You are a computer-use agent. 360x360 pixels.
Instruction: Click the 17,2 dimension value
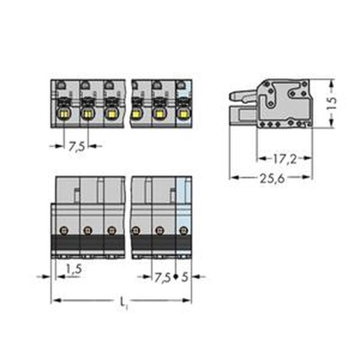tap(285, 159)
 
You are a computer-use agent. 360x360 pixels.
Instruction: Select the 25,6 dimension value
tap(272, 178)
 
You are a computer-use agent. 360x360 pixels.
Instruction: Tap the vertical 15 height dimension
tap(331, 103)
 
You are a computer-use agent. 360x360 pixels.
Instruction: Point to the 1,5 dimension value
tap(74, 269)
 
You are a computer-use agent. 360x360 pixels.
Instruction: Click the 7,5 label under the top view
tap(77, 147)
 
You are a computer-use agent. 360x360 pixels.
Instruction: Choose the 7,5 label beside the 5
tap(163, 278)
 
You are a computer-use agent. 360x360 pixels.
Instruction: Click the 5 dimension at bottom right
tap(185, 277)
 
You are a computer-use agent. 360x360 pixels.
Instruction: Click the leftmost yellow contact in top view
tap(64, 114)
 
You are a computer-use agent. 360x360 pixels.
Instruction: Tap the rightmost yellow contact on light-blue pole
tap(182, 114)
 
